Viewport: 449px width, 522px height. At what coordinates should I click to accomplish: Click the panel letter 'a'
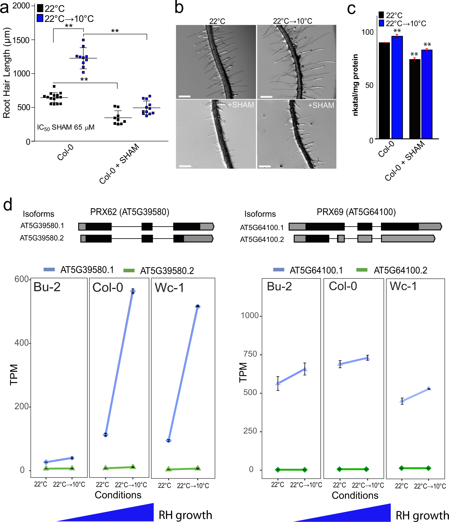point(4,8)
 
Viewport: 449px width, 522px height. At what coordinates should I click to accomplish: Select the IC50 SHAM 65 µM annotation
point(66,127)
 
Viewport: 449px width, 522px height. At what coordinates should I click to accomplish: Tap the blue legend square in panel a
point(40,18)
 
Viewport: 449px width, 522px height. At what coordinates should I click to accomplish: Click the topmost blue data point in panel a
point(83,40)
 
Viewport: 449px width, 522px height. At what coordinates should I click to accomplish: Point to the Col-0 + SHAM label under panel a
point(119,164)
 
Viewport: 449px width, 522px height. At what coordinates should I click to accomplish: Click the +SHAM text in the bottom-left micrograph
point(241,105)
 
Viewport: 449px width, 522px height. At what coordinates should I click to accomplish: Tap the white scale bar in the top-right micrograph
point(266,97)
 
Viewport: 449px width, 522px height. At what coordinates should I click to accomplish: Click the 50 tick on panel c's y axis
point(369,85)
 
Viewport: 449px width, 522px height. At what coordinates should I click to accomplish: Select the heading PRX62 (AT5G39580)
point(130,212)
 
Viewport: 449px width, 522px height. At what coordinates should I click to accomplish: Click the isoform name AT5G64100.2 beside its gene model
point(262,239)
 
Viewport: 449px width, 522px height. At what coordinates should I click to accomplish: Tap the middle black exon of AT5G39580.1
point(147,227)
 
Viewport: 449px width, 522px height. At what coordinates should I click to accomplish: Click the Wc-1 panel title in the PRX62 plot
point(169,288)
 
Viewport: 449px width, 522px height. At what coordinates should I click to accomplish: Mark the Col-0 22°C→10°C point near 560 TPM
point(133,291)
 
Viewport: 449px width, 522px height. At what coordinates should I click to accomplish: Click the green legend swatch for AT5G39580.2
point(129,271)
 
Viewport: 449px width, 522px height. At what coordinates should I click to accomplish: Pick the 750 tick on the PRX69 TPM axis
point(250,354)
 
